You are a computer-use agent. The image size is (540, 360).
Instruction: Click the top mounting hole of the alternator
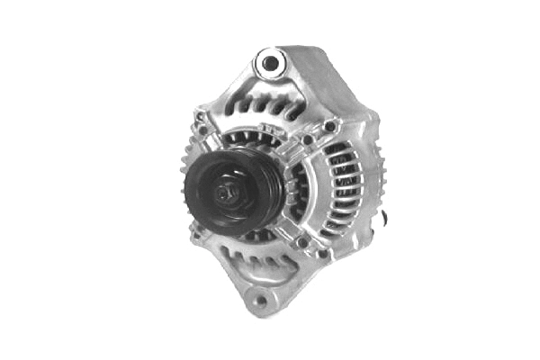click(268, 63)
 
